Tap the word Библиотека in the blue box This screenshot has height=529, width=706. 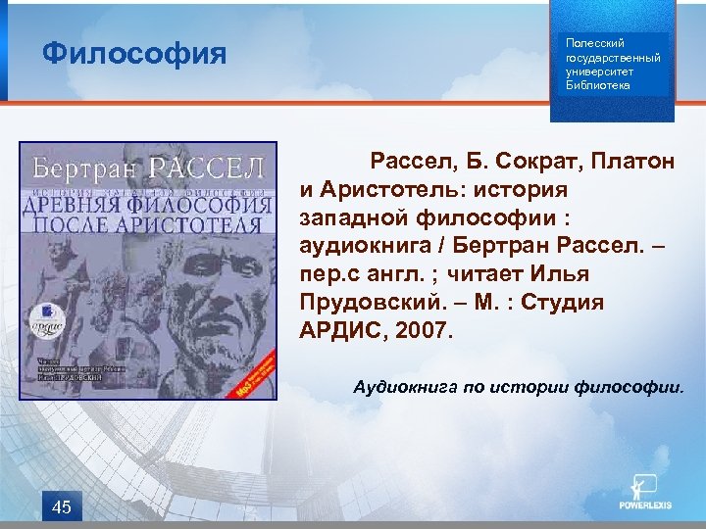[598, 85]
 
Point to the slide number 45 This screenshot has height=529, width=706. [61, 506]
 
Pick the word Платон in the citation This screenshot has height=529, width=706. [637, 161]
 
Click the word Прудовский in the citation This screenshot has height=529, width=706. [363, 302]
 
